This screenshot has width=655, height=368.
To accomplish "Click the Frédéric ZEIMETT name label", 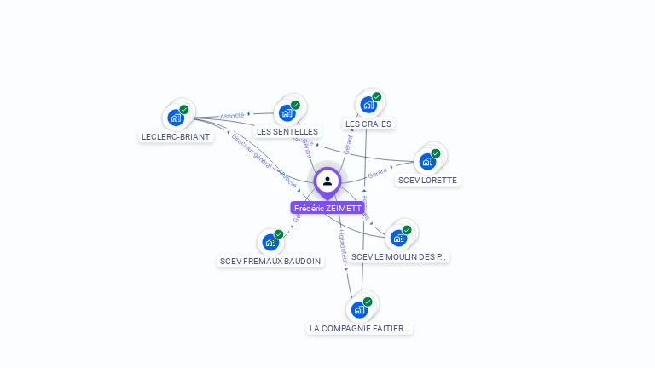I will [x=327, y=208].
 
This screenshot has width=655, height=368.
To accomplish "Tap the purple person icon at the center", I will [x=327, y=181].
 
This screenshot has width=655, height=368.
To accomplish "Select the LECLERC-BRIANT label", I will [x=176, y=136].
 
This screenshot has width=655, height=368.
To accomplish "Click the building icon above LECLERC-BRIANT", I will [x=177, y=117].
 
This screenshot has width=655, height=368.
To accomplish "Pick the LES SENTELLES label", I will [x=287, y=131].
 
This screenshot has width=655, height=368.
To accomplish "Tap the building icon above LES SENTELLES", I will [x=288, y=112].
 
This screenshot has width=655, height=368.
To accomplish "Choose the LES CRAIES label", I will [x=368, y=124].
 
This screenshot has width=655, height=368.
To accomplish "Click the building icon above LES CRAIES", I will [x=368, y=105].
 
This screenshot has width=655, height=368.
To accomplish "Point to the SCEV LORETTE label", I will [x=427, y=181].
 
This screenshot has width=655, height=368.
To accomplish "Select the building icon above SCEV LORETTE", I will [x=427, y=161].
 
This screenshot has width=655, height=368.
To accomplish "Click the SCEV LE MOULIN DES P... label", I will [x=399, y=256].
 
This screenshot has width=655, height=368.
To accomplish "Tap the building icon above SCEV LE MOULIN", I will [x=398, y=238].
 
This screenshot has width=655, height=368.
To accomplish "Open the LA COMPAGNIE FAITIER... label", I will [x=359, y=328].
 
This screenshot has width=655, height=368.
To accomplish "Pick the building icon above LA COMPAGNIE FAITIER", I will [x=360, y=309].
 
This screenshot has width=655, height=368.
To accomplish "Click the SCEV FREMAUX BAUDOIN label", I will [x=271, y=261].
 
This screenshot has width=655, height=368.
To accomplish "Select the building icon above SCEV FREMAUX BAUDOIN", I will [x=271, y=242].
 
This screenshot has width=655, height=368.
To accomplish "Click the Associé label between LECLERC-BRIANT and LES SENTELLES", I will [x=232, y=115].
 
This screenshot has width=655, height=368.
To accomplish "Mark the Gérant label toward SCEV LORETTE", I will [x=378, y=173].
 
